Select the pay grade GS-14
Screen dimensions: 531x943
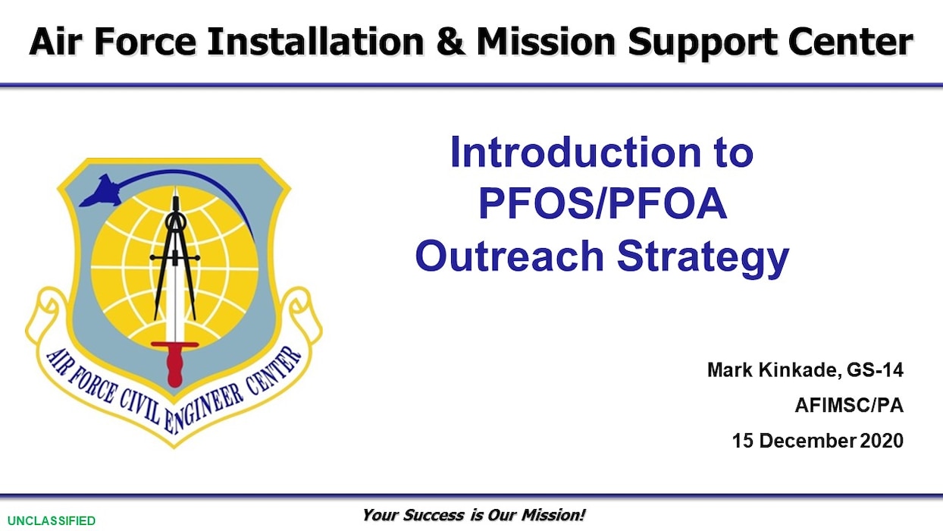click(x=874, y=370)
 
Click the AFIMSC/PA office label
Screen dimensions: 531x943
click(x=848, y=406)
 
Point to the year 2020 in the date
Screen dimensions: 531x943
click(x=882, y=441)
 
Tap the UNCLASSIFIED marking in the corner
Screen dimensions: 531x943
click(x=48, y=520)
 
